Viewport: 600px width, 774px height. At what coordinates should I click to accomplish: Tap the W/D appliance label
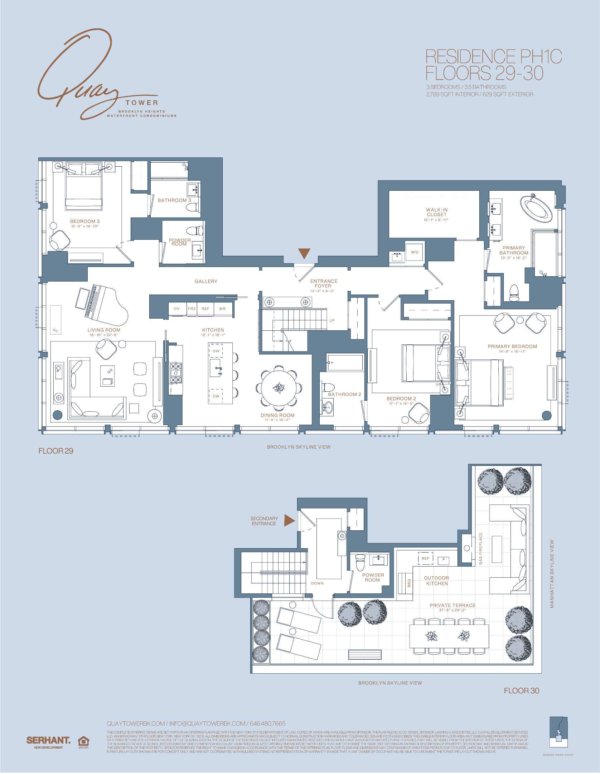pos(415,252)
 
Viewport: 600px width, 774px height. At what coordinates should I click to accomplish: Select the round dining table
pos(279,388)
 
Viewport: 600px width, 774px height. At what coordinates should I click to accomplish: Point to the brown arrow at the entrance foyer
pos(304,253)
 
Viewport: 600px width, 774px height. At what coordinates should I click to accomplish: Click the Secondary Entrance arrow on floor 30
pos(289,520)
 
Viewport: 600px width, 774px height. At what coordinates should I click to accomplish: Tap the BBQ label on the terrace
pos(409,584)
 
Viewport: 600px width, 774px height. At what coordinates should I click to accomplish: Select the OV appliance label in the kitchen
pos(176,309)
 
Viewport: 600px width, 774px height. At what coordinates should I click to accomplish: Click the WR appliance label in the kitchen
pos(222,309)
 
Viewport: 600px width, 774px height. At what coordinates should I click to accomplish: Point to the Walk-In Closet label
pos(436,212)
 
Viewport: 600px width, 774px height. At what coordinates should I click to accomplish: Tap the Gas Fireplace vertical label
pos(480,548)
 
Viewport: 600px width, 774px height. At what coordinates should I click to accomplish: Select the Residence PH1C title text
pos(493,57)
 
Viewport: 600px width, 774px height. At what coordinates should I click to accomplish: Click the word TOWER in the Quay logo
pos(142,103)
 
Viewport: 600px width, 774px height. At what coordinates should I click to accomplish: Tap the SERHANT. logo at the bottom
pos(48,740)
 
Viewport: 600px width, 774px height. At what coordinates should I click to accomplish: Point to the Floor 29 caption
pos(56,451)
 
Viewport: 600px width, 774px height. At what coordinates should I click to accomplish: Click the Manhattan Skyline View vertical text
pos(552,574)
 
